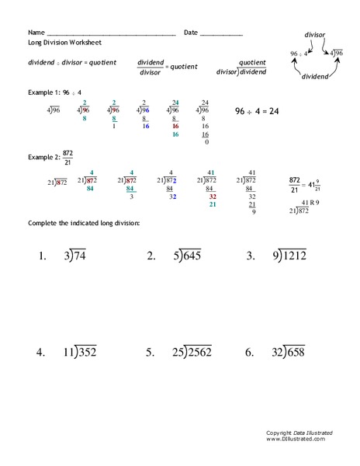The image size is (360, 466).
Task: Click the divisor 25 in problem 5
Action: pyautogui.click(x=178, y=352)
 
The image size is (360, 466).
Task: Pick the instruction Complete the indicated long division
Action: pyautogui.click(x=84, y=224)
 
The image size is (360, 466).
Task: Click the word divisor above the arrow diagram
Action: pyautogui.click(x=314, y=35)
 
